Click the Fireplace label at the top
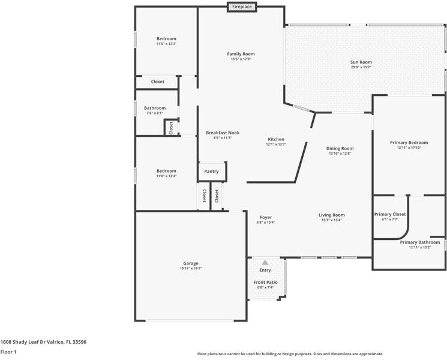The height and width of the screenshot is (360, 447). click(x=242, y=7)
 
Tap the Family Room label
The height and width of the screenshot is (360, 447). click(x=241, y=54)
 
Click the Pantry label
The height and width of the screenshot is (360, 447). click(x=211, y=172)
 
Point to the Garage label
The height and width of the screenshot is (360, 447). click(x=191, y=263)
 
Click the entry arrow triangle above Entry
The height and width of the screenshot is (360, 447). click(x=265, y=262)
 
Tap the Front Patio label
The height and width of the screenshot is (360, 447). click(x=265, y=282)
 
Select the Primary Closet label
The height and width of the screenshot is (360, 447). click(x=390, y=214)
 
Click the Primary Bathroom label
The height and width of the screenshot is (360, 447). click(x=419, y=242)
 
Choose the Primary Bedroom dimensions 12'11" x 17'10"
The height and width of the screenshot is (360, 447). click(x=409, y=148)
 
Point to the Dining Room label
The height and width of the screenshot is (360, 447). click(x=340, y=148)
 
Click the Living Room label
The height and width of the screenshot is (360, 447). click(x=331, y=215)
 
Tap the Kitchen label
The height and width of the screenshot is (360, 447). click(x=276, y=139)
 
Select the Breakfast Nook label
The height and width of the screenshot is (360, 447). click(x=223, y=133)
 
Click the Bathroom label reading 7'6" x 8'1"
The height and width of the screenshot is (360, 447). click(x=155, y=108)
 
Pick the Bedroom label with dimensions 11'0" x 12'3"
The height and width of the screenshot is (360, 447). click(x=166, y=39)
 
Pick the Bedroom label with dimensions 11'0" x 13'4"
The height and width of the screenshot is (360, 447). click(x=166, y=171)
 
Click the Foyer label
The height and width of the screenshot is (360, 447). click(x=266, y=217)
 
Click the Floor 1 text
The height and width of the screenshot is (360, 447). click(x=8, y=352)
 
